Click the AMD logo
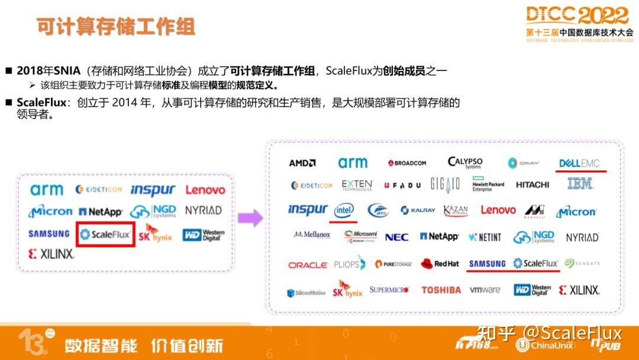click(302, 163)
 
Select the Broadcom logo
click(407, 163)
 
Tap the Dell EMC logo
click(579, 163)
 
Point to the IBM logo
click(580, 184)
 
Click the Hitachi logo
click(532, 185)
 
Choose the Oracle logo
click(308, 265)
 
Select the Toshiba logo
click(441, 290)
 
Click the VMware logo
click(485, 290)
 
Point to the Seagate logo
click(582, 263)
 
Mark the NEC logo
click(396, 237)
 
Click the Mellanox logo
click(312, 235)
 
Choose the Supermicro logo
click(389, 290)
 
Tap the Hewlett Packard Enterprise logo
click(488, 185)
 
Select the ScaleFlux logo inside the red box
click(105, 234)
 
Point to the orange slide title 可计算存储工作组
click(115, 27)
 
